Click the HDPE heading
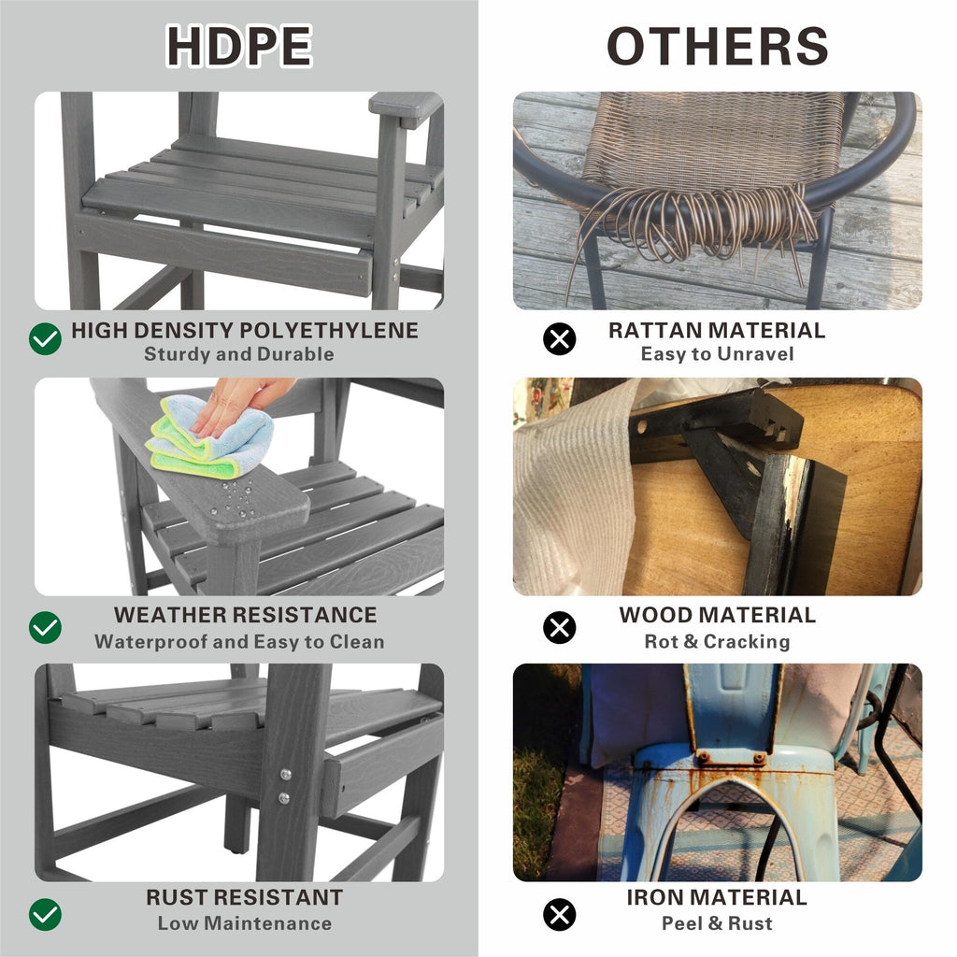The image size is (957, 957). coord(238,46)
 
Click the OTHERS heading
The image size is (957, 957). coord(717,46)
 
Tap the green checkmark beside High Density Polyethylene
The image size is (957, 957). coord(45,338)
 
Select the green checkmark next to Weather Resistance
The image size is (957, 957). coord(45,626)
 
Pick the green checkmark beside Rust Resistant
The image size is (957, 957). coord(45,913)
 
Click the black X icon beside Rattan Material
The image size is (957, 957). coord(559,338)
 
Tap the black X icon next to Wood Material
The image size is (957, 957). coord(559,626)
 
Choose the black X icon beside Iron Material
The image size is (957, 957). coord(559,913)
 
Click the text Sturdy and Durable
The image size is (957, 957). coord(238,354)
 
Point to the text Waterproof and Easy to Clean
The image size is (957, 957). coord(238,642)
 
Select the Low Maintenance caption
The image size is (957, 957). coord(244,923)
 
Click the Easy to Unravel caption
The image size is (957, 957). coord(717,354)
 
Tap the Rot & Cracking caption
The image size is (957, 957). coord(717,642)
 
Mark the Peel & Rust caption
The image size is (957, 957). coord(717,923)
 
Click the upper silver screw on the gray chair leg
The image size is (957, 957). coord(285,775)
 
